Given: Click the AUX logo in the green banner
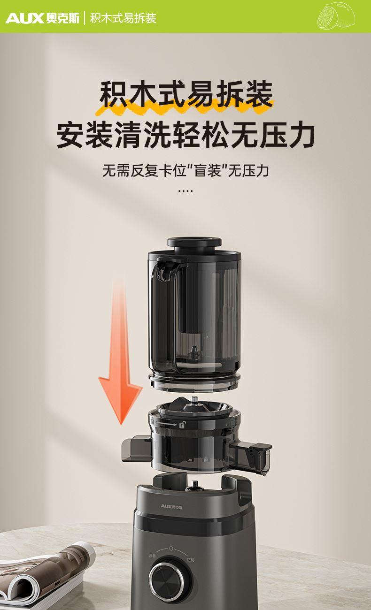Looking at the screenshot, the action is (x=43, y=18).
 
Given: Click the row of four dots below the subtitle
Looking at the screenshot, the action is (x=185, y=191).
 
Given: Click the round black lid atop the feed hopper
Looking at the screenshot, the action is (x=194, y=242).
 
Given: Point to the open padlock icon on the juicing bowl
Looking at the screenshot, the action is (x=182, y=424).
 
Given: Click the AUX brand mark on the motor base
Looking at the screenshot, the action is (x=171, y=506).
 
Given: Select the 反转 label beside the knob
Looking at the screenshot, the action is (x=153, y=555).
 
